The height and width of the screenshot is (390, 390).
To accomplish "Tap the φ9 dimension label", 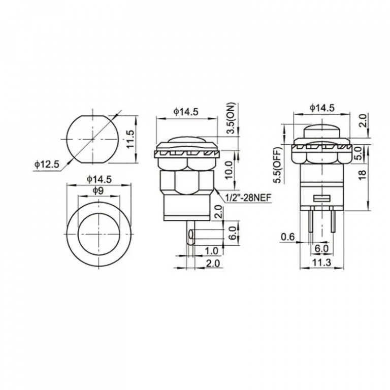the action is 98,190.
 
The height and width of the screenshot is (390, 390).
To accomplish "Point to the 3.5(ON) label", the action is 232,118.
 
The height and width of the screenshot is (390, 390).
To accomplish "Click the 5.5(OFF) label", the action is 277,165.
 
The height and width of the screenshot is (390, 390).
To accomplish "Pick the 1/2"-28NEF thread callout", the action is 248,198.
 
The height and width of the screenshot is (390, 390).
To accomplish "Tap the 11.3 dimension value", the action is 322,263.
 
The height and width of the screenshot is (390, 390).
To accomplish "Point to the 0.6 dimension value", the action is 288,237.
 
